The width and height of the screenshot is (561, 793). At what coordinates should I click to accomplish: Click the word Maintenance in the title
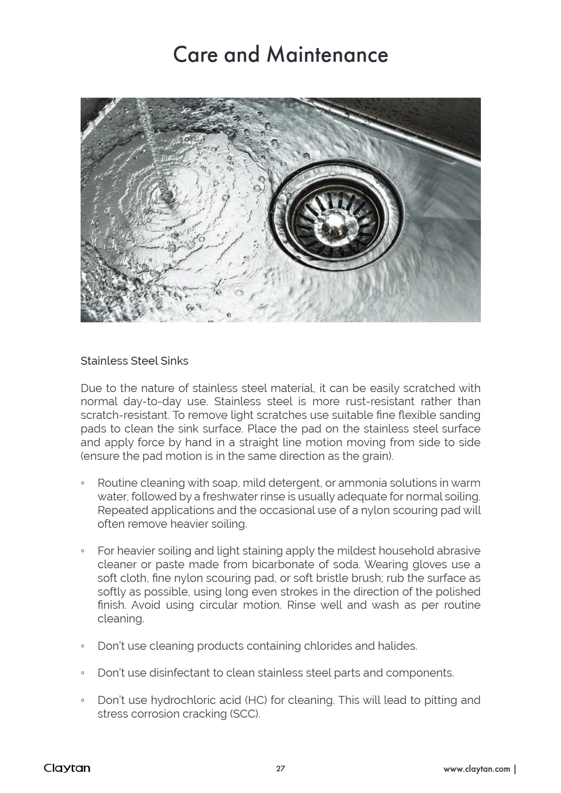(327, 55)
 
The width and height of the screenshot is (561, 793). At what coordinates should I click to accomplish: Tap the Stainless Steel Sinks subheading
(134, 361)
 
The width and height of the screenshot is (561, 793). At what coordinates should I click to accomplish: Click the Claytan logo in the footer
(67, 768)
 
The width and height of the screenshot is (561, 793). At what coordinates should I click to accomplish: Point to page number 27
(280, 769)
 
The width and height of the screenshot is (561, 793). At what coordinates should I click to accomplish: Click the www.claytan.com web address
(477, 769)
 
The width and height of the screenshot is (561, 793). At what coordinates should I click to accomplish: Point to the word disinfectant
(179, 673)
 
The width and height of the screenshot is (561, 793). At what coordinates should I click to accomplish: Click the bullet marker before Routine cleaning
(83, 483)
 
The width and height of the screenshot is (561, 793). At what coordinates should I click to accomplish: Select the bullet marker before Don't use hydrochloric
(83, 701)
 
